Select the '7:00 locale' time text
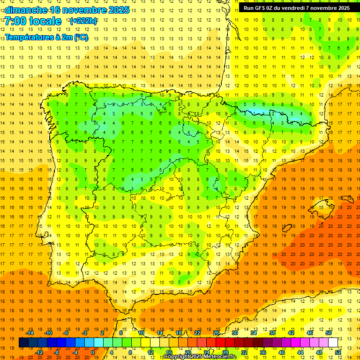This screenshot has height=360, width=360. (33, 21)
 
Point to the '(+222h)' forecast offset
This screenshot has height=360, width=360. (83, 21)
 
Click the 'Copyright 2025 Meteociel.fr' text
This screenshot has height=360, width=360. (200, 357)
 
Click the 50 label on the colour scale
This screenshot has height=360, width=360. (328, 333)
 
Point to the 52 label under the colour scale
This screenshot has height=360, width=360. (337, 352)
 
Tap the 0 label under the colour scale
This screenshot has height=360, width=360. (92, 352)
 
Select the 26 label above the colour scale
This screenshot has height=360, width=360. (216, 333)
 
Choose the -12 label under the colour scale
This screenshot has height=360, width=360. (39, 352)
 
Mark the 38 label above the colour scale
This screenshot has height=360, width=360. (272, 333)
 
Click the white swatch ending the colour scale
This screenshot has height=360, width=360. (333, 342)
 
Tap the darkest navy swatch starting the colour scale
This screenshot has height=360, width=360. (23, 342)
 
